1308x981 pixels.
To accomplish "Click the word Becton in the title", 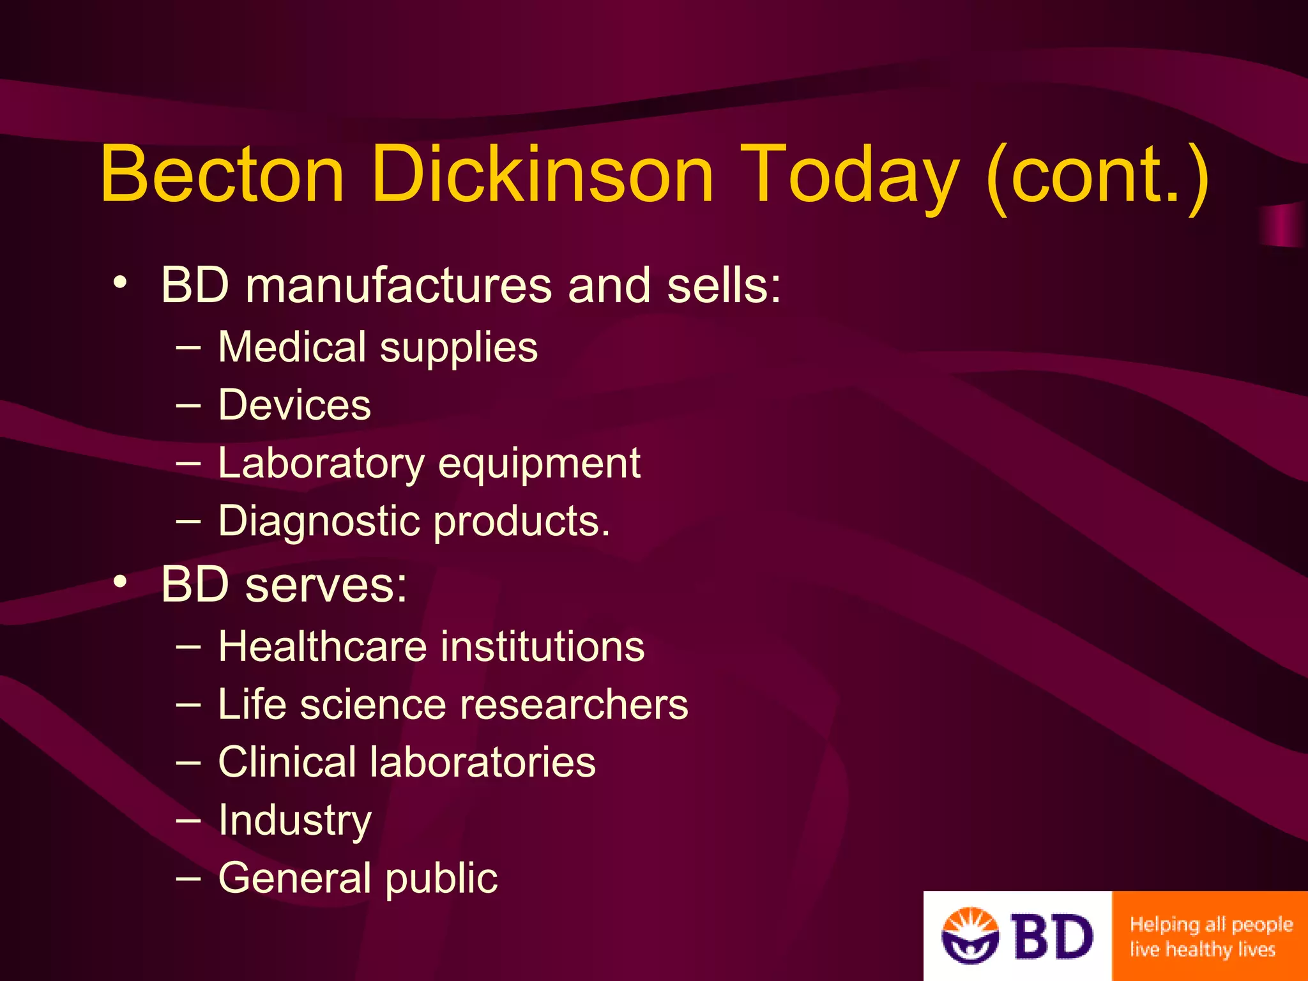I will point(222,174).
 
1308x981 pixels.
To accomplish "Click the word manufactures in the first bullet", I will point(399,285).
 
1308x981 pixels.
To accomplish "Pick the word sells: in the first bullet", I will point(724,285).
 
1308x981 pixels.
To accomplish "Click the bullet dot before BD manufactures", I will point(121,282).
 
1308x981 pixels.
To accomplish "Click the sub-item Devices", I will point(294,405).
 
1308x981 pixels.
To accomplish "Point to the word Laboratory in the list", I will point(321,464).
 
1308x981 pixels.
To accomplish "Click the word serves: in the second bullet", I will point(326,585).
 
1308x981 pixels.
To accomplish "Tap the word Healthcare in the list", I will point(322,646).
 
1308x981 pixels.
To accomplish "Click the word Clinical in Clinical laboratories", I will point(287,762).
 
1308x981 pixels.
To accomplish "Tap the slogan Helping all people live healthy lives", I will point(1210,937).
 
